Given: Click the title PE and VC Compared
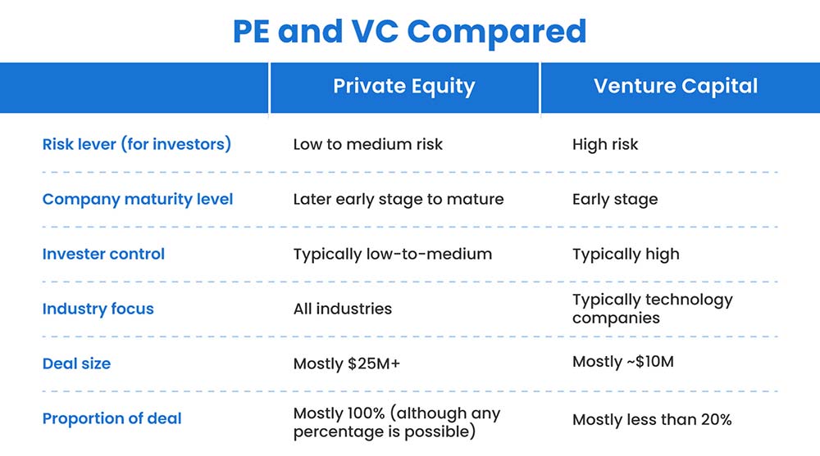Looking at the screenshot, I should point(409,31).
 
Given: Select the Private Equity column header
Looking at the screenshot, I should point(403,87).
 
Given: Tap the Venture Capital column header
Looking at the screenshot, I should point(676,87).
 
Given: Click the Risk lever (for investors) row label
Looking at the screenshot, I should point(137,144).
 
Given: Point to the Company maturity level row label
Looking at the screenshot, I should point(138,199).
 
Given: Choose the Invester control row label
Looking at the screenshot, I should point(103,254).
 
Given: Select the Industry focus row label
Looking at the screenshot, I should point(98,309).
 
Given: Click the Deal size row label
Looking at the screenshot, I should point(76,363).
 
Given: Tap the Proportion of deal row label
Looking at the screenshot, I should point(112,418).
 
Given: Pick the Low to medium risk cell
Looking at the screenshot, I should point(367,145).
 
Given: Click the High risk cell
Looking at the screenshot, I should point(604,145).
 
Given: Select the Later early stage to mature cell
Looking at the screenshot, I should point(399,199).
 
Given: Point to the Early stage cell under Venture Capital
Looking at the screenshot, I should point(614,199).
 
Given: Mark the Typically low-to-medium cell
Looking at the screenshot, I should point(392,254).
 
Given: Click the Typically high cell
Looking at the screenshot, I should point(626,254).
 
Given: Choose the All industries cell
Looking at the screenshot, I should point(342,309).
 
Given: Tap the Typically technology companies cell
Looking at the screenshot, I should point(652,309).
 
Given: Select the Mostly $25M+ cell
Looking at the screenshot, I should point(346,363).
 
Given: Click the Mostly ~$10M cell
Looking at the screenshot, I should point(622,361).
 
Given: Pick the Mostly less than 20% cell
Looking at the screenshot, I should point(651,419).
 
